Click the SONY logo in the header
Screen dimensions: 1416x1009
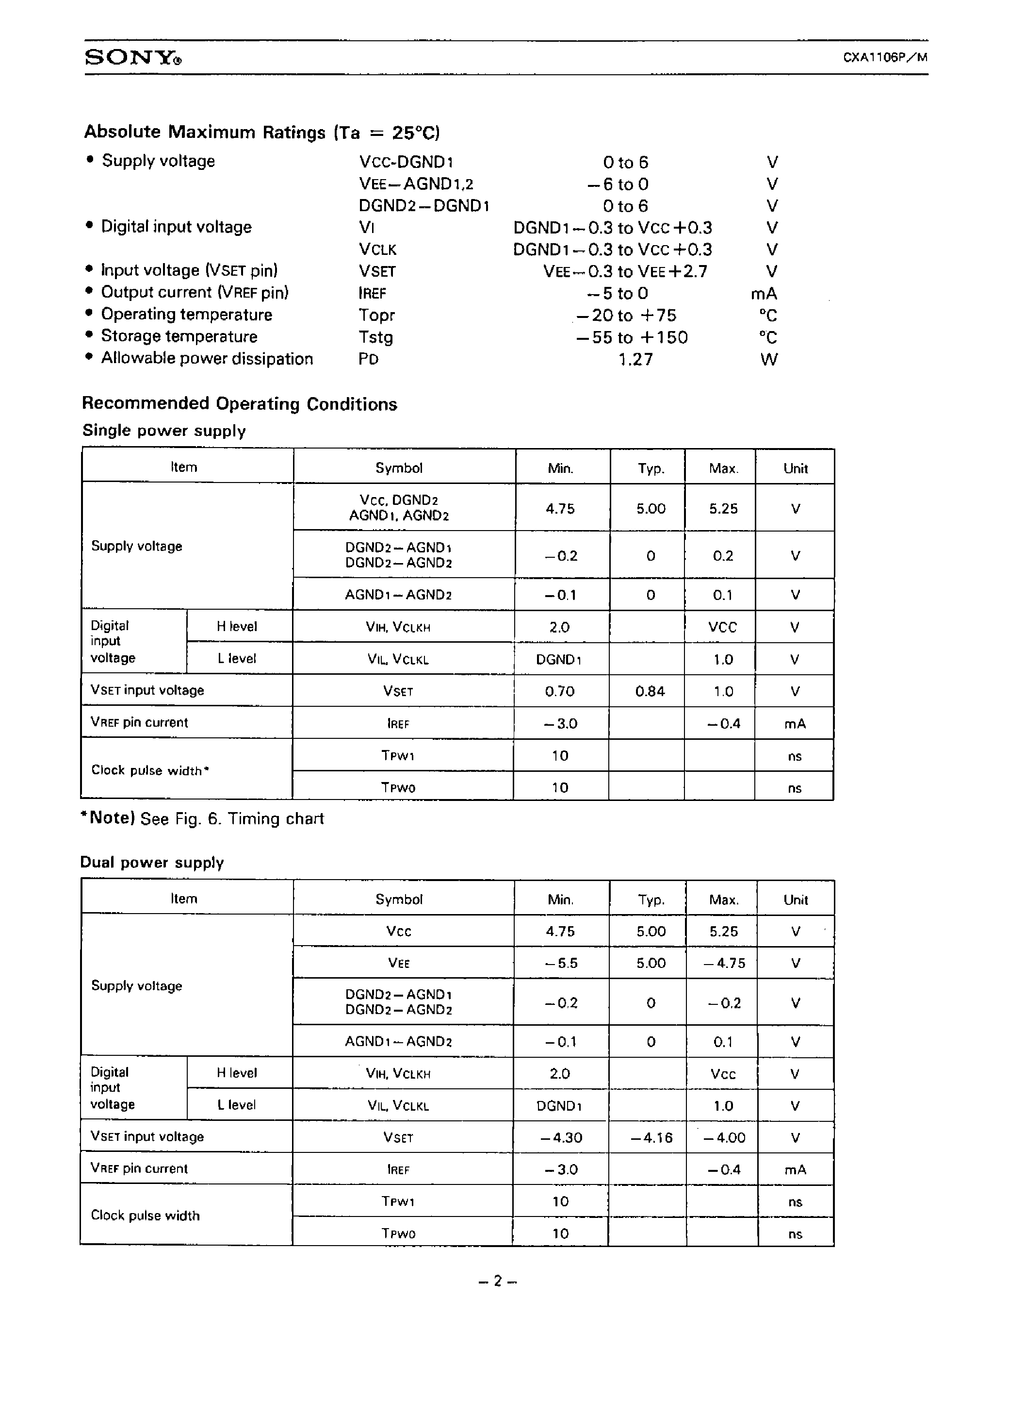(x=133, y=58)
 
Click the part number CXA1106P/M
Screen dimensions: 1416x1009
(x=885, y=57)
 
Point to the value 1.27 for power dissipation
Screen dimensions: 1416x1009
(x=635, y=359)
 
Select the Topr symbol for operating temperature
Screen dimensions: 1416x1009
(x=376, y=315)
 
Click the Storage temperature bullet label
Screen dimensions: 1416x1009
(x=179, y=336)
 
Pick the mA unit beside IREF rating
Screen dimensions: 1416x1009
(x=764, y=293)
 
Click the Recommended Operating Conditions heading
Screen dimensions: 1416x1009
(x=239, y=403)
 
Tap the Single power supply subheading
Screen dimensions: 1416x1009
(x=164, y=430)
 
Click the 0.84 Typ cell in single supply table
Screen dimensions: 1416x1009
(x=650, y=691)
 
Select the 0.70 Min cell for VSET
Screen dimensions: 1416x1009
(x=559, y=691)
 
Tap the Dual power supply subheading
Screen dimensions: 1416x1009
(x=152, y=862)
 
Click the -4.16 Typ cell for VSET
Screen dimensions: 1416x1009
(x=651, y=1137)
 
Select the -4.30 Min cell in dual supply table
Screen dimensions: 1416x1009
(x=561, y=1137)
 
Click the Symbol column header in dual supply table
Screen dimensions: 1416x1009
(x=398, y=899)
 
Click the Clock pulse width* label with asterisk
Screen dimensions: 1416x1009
(x=150, y=770)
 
